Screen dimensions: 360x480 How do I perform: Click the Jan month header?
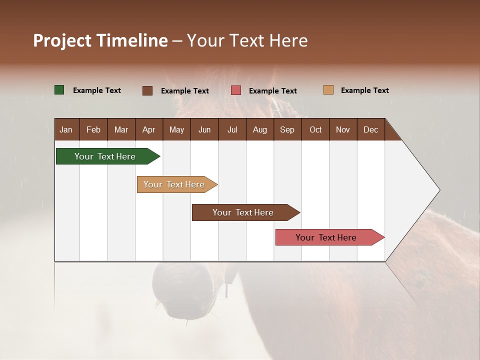tap(66, 129)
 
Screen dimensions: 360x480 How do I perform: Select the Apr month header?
tap(148, 129)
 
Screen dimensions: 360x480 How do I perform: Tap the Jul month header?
tap(232, 129)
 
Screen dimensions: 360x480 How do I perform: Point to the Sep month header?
tap(287, 129)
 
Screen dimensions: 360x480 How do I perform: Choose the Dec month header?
tap(370, 129)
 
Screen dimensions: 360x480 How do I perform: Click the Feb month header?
tap(93, 129)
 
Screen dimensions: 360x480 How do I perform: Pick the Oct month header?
tap(315, 129)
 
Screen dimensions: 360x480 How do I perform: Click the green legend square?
tap(59, 90)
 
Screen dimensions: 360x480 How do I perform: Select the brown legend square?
tap(147, 90)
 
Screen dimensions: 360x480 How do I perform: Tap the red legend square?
tap(236, 90)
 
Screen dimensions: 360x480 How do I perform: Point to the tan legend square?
tap(328, 90)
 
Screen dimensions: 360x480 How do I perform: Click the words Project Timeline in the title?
tap(100, 40)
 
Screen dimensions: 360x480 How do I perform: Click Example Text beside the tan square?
tap(364, 90)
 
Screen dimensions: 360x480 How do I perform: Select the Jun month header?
tap(204, 129)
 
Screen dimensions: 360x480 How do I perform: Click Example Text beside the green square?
tap(96, 90)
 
